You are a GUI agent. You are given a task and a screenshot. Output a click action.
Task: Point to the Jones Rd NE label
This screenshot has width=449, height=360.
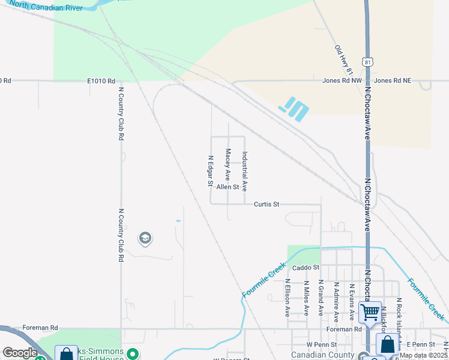pos(393,80)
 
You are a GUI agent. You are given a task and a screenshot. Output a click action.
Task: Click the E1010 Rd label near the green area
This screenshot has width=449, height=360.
pos(100,80)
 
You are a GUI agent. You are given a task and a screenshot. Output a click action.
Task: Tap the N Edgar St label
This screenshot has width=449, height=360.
pos(211,170)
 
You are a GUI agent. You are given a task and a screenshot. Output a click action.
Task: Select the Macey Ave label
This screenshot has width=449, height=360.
pos(228,165)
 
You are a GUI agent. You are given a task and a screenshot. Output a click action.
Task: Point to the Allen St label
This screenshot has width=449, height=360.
pos(228,187)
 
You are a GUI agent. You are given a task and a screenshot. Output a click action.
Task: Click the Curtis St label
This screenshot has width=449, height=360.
pos(267,204)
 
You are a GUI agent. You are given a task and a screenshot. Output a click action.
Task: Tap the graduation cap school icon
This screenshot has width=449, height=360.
pos(145,239)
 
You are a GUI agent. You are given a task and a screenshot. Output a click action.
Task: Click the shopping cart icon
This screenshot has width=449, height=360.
pos(370,312)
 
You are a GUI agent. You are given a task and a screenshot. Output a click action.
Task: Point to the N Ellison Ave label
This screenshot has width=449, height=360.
pos(288,298)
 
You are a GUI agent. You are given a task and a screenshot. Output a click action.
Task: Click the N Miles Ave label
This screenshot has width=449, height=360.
pos(306,298)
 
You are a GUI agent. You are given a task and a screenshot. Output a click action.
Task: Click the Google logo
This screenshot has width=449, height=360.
pos(20,353)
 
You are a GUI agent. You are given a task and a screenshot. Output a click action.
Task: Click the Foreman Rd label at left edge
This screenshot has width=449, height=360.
pos(40,328)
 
